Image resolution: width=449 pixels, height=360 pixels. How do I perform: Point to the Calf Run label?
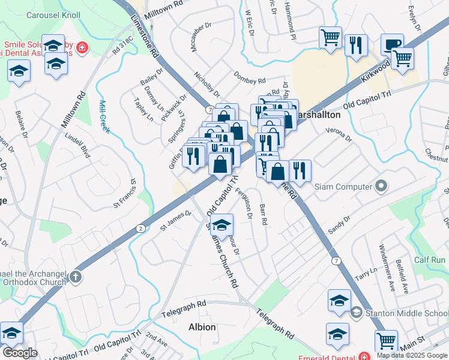tap(429, 260)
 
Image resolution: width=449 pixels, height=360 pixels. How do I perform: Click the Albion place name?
tap(202, 327)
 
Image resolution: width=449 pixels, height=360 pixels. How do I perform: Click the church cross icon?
tap(74, 277)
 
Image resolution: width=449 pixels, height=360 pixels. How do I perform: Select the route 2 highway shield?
tap(140, 228)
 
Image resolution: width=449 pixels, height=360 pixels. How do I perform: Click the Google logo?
tap(20, 353)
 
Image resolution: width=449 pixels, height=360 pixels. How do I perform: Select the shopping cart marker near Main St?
tap(386, 340)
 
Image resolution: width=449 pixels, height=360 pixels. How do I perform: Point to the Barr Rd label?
tap(262, 214)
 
